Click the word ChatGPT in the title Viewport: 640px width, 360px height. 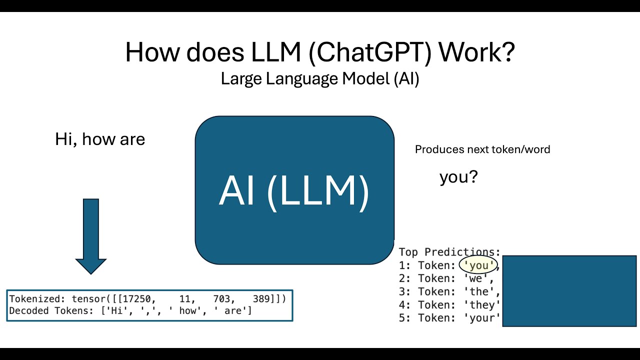[x=369, y=52]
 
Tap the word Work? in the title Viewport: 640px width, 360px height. [x=476, y=52]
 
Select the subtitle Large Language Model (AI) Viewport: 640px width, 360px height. [x=320, y=79]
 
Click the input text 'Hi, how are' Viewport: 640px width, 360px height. [x=100, y=139]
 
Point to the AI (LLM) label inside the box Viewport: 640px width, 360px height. [x=294, y=191]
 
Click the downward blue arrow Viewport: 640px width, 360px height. [x=91, y=236]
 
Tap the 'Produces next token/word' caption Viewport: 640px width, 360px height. [x=482, y=149]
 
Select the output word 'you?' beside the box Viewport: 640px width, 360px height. [x=458, y=177]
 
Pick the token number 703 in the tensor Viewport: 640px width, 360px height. [x=221, y=299]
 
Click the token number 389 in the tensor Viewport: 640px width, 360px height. [x=261, y=299]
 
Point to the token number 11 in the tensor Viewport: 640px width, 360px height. [x=185, y=299]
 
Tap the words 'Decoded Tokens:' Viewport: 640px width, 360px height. [x=51, y=310]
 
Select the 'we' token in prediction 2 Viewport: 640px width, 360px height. [x=475, y=278]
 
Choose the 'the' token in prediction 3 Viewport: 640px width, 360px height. [x=479, y=291]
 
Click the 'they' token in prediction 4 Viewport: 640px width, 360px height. [x=482, y=305]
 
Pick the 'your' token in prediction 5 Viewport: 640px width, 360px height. [x=482, y=318]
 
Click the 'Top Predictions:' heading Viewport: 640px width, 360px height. [x=449, y=252]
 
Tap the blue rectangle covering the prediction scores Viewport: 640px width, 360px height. [x=569, y=291]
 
